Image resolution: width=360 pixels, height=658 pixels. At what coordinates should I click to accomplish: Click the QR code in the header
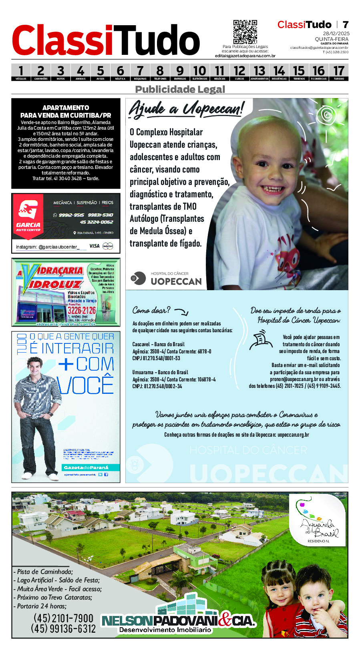[x=245, y=32]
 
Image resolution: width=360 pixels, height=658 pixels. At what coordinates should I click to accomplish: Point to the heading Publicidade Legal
[x=180, y=89]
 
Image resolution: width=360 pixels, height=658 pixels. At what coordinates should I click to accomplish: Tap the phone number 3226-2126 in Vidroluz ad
[x=82, y=311]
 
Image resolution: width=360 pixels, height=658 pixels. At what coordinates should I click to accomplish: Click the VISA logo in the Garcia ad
[x=95, y=246]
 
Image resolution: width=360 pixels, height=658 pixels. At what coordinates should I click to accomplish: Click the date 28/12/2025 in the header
[x=336, y=34]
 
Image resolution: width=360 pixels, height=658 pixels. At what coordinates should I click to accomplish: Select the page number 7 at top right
[x=345, y=25]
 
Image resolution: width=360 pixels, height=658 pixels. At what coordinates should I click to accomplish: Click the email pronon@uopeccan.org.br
[x=294, y=379]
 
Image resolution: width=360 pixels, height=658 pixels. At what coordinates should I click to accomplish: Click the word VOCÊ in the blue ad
[x=85, y=385]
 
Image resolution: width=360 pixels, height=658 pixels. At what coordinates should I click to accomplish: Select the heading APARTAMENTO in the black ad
[x=66, y=108]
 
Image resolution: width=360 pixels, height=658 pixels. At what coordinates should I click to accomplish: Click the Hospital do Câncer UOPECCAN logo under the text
[x=167, y=279]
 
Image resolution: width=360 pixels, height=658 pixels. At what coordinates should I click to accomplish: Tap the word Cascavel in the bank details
[x=141, y=344]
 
